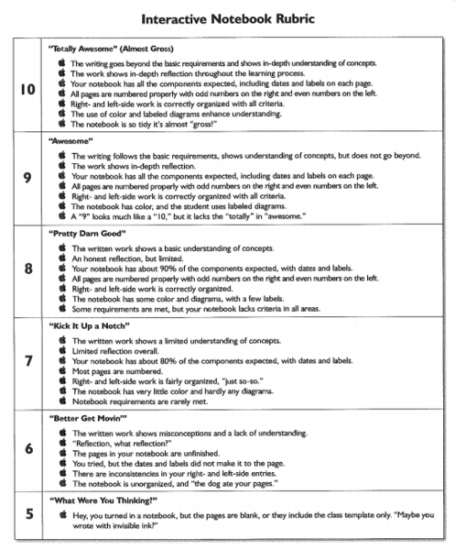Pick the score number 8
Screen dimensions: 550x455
coord(28,269)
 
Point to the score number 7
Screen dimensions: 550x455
coord(28,359)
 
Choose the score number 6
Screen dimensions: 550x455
coord(28,449)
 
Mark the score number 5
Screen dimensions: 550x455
coord(28,514)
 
